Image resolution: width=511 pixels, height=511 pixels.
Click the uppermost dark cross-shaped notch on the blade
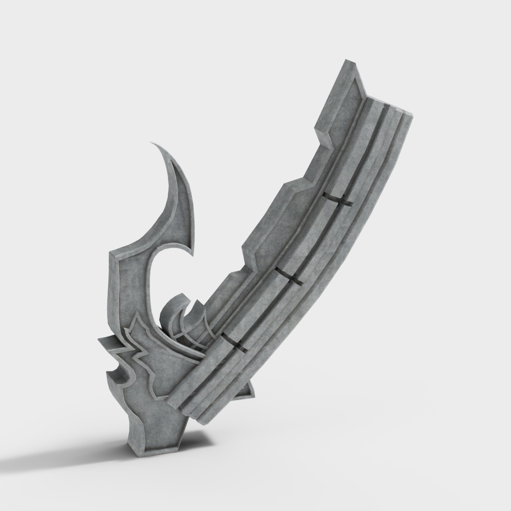[x=338, y=199]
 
